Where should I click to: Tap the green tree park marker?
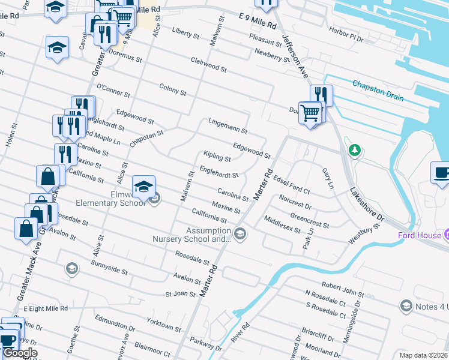(355, 149)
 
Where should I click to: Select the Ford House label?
(420, 235)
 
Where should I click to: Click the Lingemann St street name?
(228, 125)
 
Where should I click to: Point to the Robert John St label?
(343, 286)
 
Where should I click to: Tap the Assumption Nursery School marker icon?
(240, 235)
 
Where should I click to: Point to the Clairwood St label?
(208, 65)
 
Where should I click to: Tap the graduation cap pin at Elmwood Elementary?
(144, 188)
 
